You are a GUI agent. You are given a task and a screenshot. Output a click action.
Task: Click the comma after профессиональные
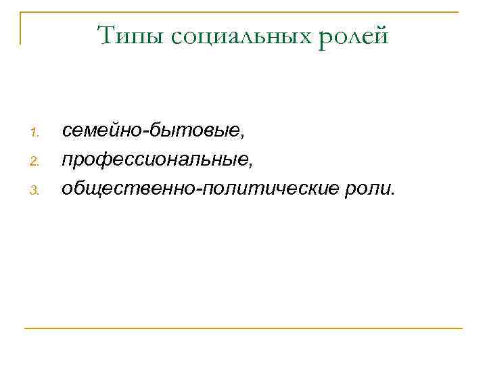tap(251, 165)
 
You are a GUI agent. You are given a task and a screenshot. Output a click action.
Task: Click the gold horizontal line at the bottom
tap(243, 328)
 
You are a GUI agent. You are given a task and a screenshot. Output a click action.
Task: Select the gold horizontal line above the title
tap(243, 12)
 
